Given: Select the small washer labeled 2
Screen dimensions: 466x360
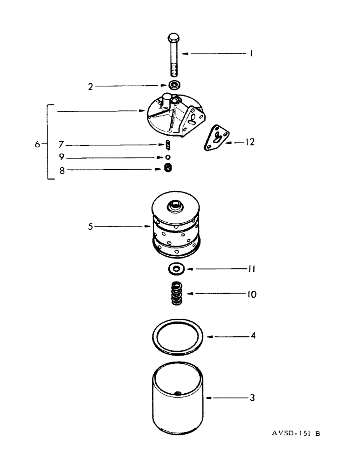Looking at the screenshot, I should (175, 85).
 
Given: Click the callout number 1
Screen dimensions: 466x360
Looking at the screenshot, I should (250, 54).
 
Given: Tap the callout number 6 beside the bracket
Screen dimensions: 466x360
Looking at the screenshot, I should (37, 144).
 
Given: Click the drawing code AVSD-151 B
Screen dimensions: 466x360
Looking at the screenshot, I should (296, 433).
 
